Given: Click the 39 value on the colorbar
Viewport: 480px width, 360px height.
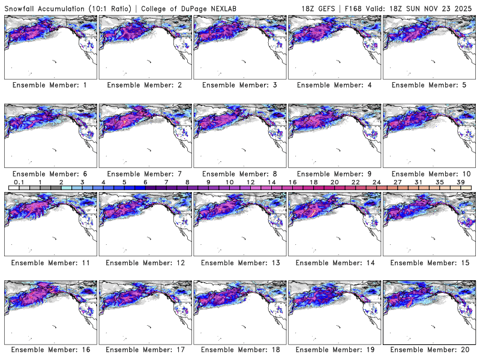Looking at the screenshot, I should click(460, 182).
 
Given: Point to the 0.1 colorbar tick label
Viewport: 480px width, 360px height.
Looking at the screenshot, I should click(19, 182).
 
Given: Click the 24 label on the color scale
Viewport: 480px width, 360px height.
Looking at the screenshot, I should click(376, 182).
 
